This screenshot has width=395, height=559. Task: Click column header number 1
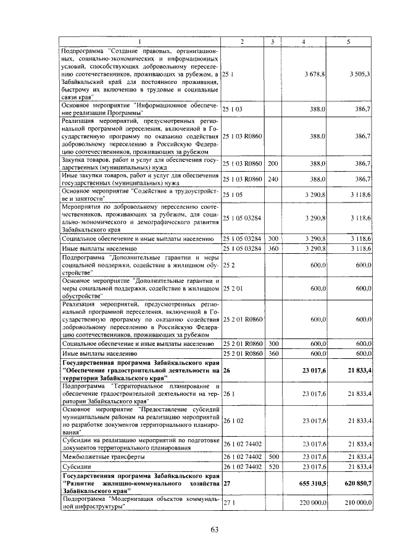139,41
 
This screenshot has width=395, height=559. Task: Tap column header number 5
349,41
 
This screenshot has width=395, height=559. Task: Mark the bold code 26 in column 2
227,371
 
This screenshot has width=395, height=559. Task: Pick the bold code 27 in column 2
227,483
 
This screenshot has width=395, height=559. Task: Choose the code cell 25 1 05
233,194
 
